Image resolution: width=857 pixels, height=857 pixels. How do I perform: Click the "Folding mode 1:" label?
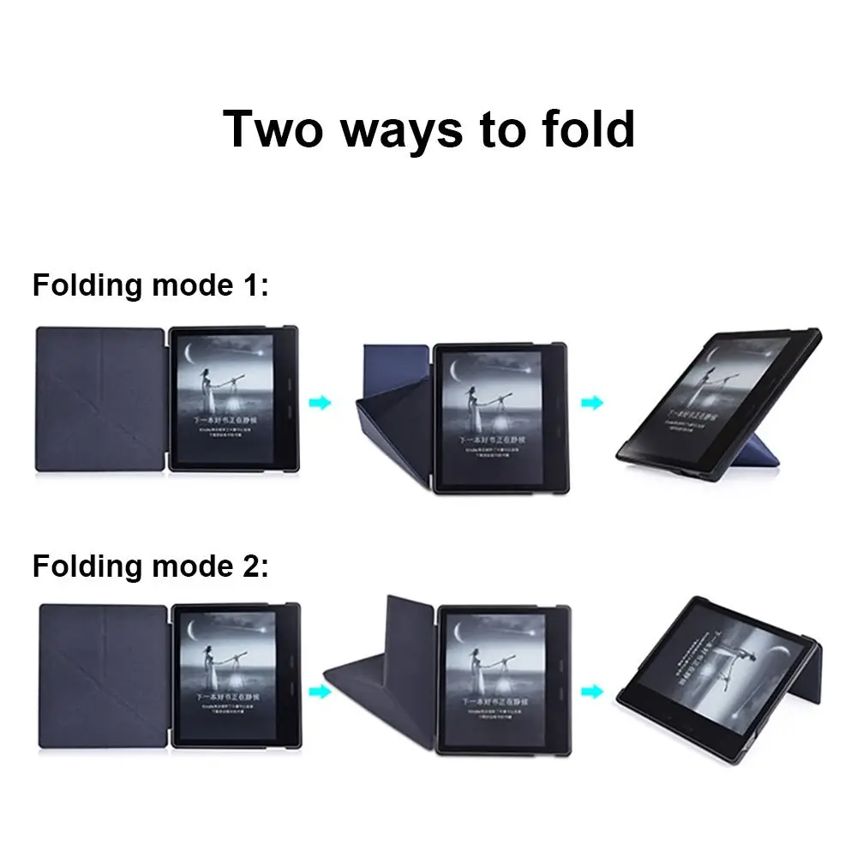151,285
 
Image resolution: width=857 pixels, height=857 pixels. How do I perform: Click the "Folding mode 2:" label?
151,566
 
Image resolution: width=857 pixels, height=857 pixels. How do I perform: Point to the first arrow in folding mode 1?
320,402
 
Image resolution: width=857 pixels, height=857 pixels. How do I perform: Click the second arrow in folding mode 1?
591,402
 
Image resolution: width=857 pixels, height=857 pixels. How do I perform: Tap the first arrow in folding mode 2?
320,690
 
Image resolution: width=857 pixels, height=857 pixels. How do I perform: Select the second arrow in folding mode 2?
591,690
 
